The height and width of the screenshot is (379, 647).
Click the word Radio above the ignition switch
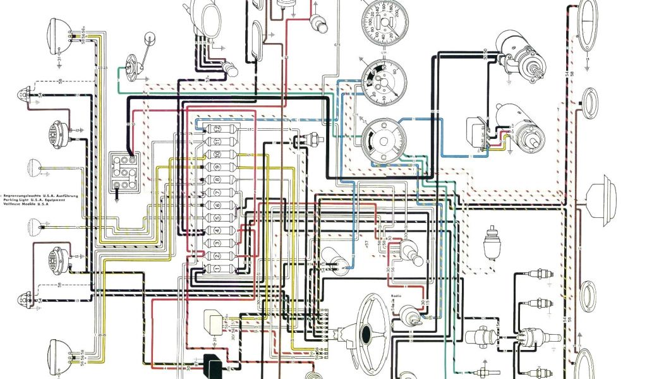tap(397, 294)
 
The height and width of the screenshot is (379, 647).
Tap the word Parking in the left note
tap(17, 201)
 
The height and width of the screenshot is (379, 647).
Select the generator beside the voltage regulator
tap(524, 129)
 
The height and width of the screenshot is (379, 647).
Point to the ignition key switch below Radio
tap(409, 314)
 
